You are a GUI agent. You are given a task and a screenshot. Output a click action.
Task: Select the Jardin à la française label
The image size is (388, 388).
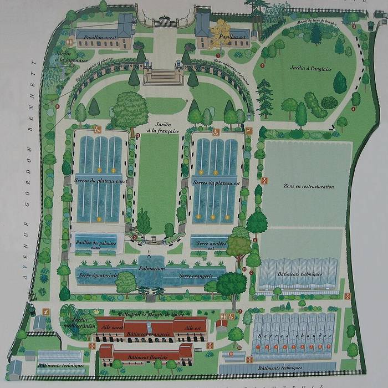point(163,128)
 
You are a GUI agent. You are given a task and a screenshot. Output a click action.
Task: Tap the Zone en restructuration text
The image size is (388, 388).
point(309,187)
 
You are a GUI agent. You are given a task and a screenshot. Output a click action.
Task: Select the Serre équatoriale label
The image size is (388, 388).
point(100,275)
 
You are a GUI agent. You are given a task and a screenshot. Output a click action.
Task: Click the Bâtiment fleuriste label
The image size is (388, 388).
point(147,358)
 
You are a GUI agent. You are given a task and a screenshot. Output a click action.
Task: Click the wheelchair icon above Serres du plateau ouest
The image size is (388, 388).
point(98,130)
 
